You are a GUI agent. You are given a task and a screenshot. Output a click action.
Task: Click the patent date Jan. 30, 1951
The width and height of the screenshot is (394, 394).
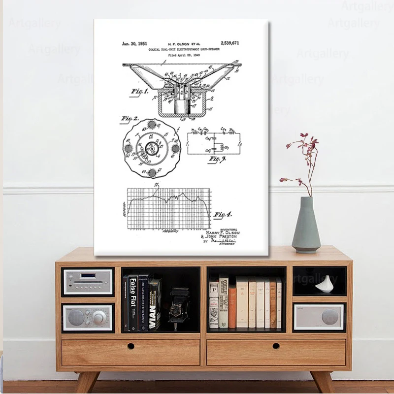pos(134,44)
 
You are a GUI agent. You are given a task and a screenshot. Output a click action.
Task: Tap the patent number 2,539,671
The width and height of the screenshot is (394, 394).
pos(230,43)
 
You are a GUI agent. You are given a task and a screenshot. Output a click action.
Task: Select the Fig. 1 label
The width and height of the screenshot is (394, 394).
pos(140,92)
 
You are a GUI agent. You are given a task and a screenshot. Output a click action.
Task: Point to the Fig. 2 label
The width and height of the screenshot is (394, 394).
pos(130,119)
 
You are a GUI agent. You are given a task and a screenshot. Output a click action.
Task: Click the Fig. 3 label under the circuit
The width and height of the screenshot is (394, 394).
pos(217,159)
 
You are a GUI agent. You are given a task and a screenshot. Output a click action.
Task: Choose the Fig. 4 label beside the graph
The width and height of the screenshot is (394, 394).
pos(223,214)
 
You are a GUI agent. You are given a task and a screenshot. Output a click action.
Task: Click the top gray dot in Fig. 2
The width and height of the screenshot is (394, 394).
pos(152,124)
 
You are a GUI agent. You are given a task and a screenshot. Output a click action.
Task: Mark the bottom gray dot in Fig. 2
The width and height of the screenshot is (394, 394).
pos(152,172)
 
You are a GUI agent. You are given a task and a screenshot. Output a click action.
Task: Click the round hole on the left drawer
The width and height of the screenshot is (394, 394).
pos(131,346)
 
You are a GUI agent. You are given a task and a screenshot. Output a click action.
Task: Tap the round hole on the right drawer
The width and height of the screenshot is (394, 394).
pos(276,346)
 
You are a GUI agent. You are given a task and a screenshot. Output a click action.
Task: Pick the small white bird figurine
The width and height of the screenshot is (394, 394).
pos(325,284)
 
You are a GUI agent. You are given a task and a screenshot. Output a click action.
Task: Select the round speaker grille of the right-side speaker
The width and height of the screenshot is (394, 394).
pos(330,317)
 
